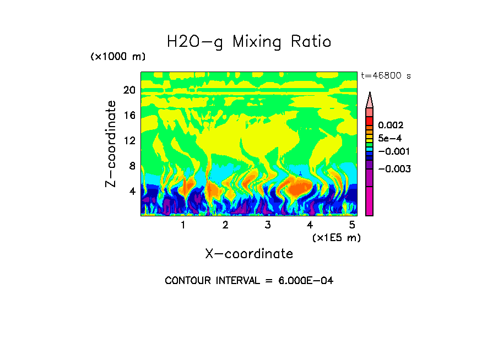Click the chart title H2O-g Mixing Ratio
pyautogui.click(x=249, y=42)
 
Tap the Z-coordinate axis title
pyautogui.click(x=111, y=144)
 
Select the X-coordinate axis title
pyautogui.click(x=249, y=254)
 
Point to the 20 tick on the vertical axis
pyautogui.click(x=129, y=90)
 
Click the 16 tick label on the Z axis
pyautogui.click(x=129, y=116)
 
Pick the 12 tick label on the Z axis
pyautogui.click(x=129, y=140)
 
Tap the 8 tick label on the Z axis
pyautogui.click(x=132, y=166)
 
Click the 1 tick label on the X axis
pyautogui.click(x=183, y=225)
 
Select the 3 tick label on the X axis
pyautogui.click(x=267, y=225)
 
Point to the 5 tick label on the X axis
pyautogui.click(x=351, y=225)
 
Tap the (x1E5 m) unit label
pyautogui.click(x=337, y=237)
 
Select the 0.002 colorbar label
pyautogui.click(x=391, y=126)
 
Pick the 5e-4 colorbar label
pyautogui.click(x=389, y=138)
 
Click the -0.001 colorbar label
pyautogui.click(x=393, y=151)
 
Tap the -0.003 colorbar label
pyautogui.click(x=393, y=168)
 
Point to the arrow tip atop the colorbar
pyautogui.click(x=370, y=94)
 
